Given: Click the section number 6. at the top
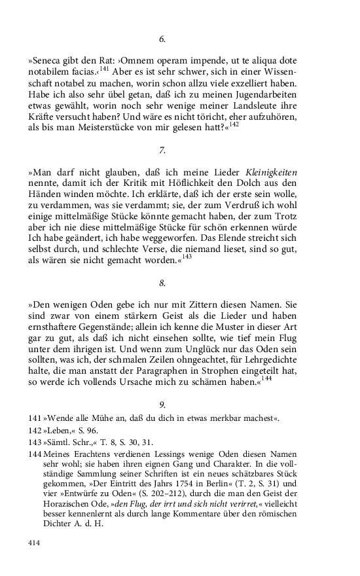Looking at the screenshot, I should [162, 40].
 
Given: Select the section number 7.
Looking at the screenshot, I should [162, 150].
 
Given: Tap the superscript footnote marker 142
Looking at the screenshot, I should [234, 123].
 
